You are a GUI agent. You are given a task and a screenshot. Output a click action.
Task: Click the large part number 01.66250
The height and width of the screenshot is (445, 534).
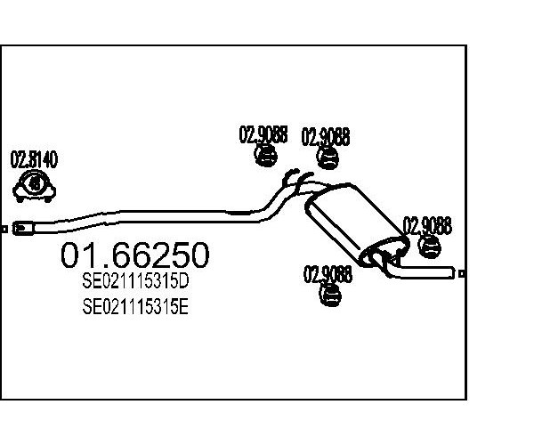point(135,255)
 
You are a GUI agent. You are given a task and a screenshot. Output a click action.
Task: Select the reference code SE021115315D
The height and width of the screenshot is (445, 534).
point(135,281)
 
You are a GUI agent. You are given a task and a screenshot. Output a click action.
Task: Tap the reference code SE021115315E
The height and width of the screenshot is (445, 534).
point(135,306)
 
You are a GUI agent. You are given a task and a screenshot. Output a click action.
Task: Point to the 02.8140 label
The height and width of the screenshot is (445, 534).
point(34,159)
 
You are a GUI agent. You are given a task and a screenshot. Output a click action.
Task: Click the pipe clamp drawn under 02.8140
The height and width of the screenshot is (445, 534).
point(34,186)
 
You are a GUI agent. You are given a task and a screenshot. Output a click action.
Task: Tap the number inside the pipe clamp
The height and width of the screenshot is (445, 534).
point(35,184)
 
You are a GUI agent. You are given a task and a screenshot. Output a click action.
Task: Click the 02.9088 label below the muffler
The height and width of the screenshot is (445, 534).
point(328,274)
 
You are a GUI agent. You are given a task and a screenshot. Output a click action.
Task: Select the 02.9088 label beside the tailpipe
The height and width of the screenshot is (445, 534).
point(427,225)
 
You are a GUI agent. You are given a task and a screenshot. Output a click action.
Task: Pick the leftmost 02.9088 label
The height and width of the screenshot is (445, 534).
point(263,134)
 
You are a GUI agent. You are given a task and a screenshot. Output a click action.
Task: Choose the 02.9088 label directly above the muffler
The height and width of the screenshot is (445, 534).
point(326,137)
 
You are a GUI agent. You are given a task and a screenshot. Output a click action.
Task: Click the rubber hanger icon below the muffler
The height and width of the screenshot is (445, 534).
point(330,295)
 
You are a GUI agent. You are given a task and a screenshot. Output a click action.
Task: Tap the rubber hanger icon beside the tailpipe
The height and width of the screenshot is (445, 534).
point(429,247)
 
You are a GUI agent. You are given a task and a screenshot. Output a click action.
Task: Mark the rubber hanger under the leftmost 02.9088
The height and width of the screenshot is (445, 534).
point(265,155)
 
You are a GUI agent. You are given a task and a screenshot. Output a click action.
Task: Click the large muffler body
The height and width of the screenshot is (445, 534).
point(357,225)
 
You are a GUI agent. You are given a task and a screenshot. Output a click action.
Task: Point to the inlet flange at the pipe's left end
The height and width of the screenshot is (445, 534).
point(23,228)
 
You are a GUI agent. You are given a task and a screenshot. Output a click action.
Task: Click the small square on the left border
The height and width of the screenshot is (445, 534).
point(4,230)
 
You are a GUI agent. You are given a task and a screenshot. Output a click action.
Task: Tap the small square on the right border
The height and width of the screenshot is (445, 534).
point(462,273)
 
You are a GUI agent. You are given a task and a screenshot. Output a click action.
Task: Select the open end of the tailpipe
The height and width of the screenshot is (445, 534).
point(453,272)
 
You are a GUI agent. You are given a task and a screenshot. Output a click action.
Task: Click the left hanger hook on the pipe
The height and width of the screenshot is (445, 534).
point(290,176)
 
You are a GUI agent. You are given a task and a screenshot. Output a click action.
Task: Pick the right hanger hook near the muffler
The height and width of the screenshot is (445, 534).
point(304,180)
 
